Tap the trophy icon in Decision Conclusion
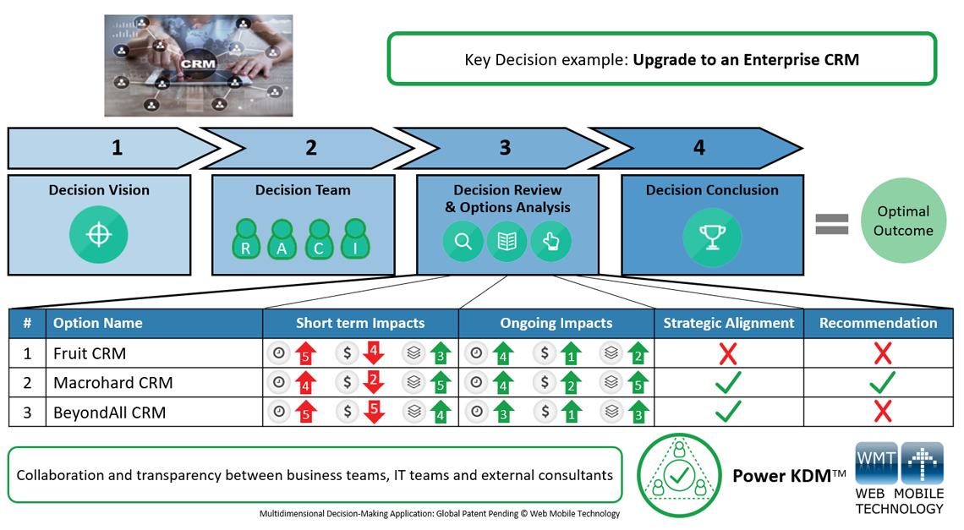click(711, 237)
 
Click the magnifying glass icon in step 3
click(463, 242)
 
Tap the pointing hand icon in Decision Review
click(550, 242)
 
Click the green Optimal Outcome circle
click(903, 221)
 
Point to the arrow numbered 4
click(698, 148)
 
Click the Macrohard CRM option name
click(112, 383)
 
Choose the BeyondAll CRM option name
click(109, 413)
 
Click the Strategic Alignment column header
click(728, 323)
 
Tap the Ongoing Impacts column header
click(556, 323)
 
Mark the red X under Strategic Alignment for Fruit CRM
click(727, 353)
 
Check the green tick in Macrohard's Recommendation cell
click(882, 383)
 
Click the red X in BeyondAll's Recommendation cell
click(882, 412)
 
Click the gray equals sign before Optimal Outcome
click(831, 223)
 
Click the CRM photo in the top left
click(199, 65)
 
